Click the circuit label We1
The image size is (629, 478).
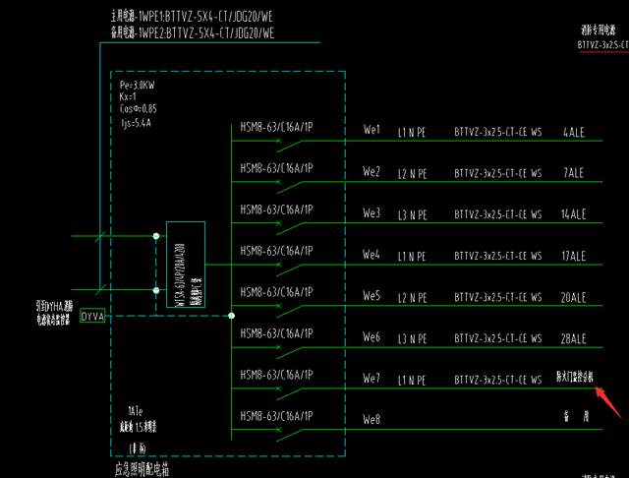click(372, 131)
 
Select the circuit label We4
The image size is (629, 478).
click(372, 256)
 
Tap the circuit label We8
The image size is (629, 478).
click(372, 421)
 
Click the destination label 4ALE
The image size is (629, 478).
click(573, 131)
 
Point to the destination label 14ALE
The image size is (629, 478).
click(573, 214)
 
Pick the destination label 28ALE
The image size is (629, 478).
click(573, 338)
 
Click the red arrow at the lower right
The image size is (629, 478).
click(605, 401)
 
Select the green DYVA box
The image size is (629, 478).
click(92, 317)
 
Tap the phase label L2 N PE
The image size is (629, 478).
click(412, 173)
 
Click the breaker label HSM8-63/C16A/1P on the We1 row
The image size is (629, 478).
click(276, 127)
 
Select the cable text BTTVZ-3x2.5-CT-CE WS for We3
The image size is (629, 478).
click(497, 214)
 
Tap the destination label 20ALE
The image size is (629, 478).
click(573, 297)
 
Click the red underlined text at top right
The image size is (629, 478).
click(601, 44)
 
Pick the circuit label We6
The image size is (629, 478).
click(372, 338)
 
